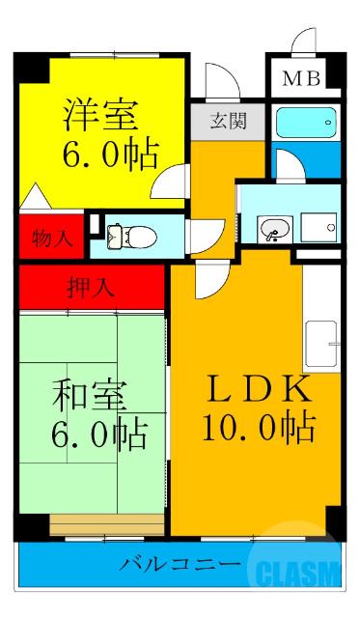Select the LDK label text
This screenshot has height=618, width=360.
[259, 389]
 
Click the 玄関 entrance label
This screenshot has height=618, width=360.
[228, 122]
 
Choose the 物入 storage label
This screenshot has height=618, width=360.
[50, 236]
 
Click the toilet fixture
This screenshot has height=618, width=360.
[124, 234]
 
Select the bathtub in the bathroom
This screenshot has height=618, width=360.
[306, 123]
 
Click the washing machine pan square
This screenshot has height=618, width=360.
[317, 228]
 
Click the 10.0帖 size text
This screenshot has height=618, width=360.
[259, 425]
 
